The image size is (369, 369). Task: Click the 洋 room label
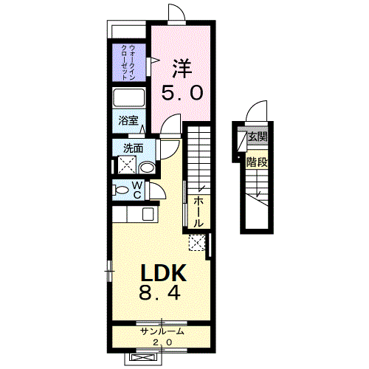click(x=182, y=68)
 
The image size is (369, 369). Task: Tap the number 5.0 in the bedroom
click(x=182, y=93)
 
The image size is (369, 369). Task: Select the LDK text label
click(x=163, y=273)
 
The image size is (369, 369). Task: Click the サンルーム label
click(x=162, y=331)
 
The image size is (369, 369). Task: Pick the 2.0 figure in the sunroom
click(x=162, y=342)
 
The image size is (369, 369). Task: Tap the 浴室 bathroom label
click(x=128, y=120)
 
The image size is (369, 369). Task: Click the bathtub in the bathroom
click(x=128, y=97)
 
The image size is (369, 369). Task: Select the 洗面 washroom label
click(x=133, y=148)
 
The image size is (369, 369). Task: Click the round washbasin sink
click(x=147, y=168)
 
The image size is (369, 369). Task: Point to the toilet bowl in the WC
click(x=121, y=190)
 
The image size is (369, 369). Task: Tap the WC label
click(x=137, y=190)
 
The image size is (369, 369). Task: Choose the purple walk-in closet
click(x=128, y=62)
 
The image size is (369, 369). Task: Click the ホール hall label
click(x=199, y=212)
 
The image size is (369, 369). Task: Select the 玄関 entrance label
click(x=258, y=136)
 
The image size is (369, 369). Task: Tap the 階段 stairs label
click(x=257, y=162)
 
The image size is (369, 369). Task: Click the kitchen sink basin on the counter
click(x=148, y=214)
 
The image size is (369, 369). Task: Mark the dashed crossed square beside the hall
click(x=197, y=243)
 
